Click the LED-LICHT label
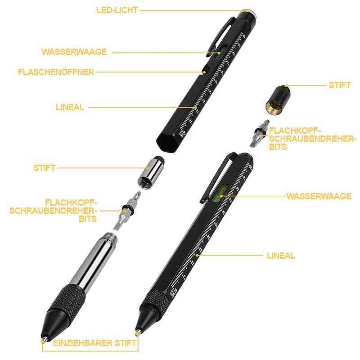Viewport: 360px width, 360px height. (117, 10)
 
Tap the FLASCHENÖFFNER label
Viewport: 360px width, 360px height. (56, 72)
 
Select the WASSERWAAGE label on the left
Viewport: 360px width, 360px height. (74, 52)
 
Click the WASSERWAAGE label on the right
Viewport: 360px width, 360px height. (319, 196)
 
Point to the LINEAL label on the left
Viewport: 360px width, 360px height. (70, 107)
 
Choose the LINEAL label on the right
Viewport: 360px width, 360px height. (281, 256)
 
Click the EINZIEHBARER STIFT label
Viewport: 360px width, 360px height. (95, 343)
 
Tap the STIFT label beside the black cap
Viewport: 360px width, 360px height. (340, 85)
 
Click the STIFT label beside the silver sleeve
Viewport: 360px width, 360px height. (45, 168)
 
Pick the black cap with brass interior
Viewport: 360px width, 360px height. (278, 100)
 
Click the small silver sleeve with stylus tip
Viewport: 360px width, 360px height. (151, 172)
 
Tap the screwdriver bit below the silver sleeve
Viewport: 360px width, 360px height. (127, 211)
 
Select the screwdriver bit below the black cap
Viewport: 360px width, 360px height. (260, 134)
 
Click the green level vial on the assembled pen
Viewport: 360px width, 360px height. (220, 193)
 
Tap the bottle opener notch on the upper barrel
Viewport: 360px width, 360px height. (206, 70)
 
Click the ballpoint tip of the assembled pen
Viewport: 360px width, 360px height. (138, 332)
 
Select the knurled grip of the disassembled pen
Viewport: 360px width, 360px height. (67, 300)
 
